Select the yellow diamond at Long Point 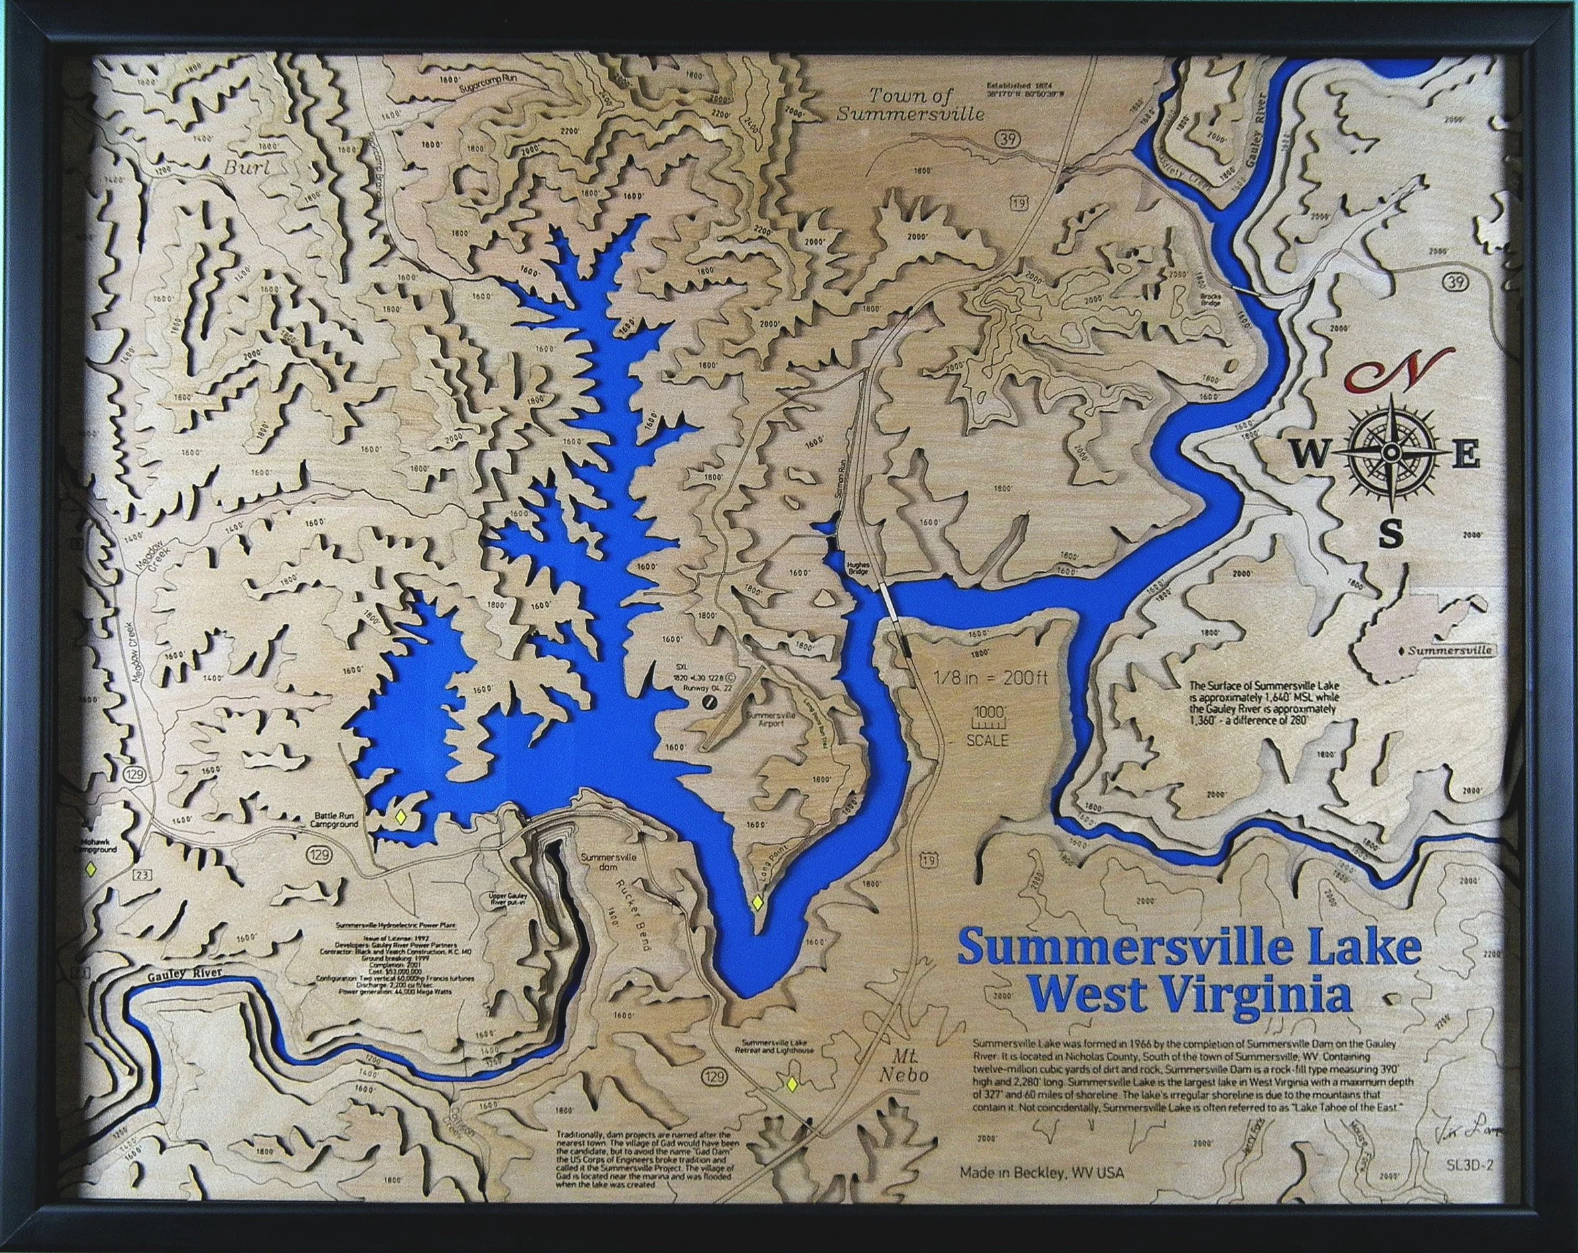[759, 903]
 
